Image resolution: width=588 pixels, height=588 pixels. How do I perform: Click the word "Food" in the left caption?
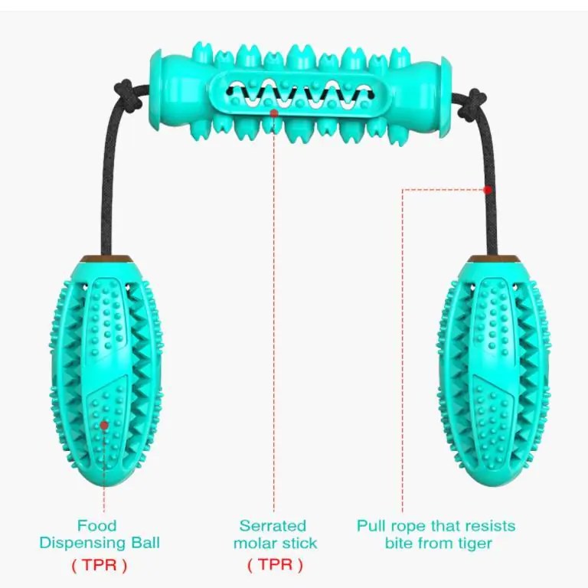(97, 526)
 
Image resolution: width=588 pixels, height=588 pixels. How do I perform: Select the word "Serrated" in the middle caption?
(273, 526)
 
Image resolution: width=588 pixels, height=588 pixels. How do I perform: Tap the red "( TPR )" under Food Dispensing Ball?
(100, 566)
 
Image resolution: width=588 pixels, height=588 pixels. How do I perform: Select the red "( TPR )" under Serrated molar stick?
(275, 566)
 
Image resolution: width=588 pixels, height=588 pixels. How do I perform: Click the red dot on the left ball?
(104, 423)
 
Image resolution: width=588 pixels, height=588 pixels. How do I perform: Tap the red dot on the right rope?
(487, 189)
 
